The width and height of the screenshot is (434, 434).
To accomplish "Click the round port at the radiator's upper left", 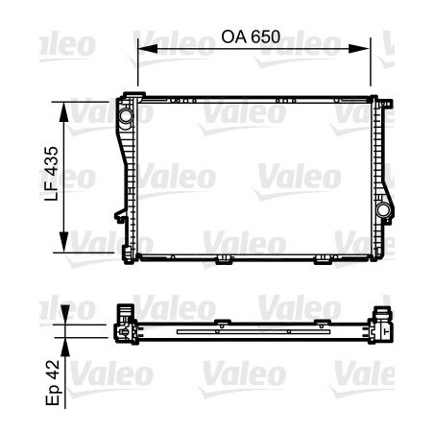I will click(x=125, y=115).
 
